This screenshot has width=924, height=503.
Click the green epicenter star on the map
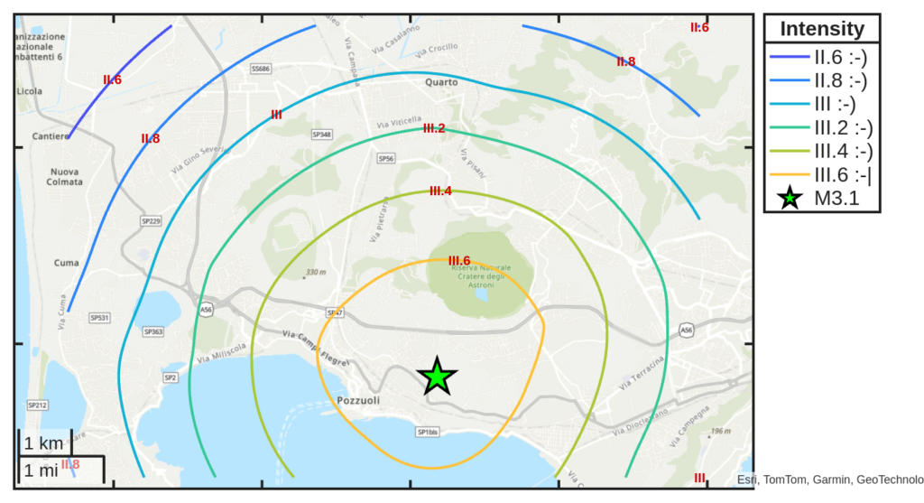[438, 376]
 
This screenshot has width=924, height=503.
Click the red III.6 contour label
[459, 260]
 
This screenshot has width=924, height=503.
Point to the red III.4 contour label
[440, 191]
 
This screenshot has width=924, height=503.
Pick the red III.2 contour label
[434, 128]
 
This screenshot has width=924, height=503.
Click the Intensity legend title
[822, 29]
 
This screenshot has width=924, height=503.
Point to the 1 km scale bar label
[43, 443]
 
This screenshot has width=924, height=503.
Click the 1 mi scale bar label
[42, 470]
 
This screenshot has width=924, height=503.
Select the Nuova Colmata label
[65, 176]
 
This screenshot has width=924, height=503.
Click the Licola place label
[29, 91]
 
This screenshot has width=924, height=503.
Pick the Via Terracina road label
[642, 373]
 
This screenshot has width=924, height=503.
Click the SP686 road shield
[261, 69]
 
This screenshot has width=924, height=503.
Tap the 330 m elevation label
[315, 272]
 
